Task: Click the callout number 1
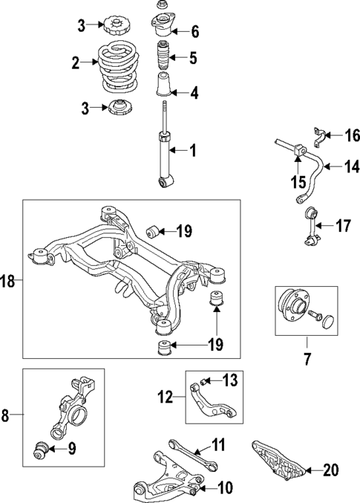pyautogui.click(x=192, y=151)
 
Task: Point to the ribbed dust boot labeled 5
pyautogui.click(x=162, y=57)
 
